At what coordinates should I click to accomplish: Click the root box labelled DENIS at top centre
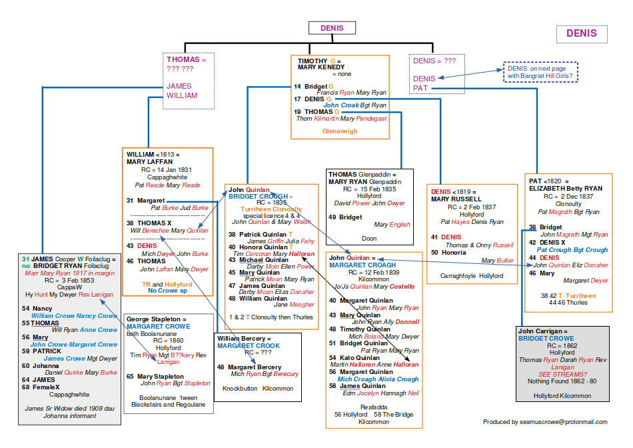click(332, 28)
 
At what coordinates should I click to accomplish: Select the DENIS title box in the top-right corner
click(582, 34)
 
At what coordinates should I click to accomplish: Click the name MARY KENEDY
click(321, 67)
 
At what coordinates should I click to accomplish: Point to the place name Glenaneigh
click(340, 131)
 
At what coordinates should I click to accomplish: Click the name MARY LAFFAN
click(150, 161)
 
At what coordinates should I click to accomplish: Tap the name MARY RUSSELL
click(456, 199)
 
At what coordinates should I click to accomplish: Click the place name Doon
click(368, 238)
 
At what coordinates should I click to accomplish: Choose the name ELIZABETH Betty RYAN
click(566, 189)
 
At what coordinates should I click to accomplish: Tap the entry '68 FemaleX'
click(41, 387)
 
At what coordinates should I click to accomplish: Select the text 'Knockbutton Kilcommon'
click(257, 388)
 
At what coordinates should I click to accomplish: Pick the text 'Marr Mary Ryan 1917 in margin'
click(69, 273)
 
